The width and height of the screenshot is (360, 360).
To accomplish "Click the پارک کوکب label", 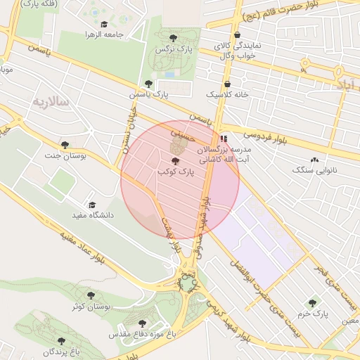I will pyautogui.click(x=175, y=172).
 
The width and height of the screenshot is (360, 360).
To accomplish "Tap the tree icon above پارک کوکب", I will pyautogui.click(x=175, y=162).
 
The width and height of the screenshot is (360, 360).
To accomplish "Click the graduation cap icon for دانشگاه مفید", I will pyautogui.click(x=93, y=205).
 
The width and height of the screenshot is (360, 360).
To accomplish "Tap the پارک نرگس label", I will pyautogui.click(x=174, y=49).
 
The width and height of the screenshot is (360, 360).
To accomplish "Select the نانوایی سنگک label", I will pyautogui.click(x=314, y=171).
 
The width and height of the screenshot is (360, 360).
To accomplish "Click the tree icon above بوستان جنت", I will pyautogui.click(x=65, y=145).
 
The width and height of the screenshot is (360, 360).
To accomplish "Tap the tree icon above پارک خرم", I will pyautogui.click(x=312, y=302).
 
